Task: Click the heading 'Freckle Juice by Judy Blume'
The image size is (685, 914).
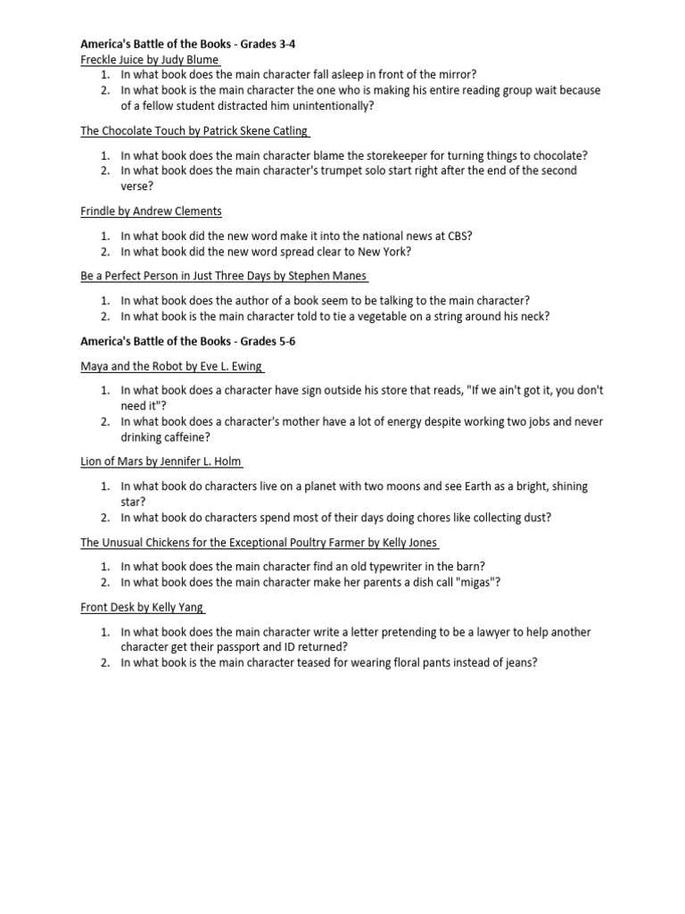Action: point(149,59)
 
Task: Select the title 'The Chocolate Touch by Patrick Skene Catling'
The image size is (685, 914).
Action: point(194,130)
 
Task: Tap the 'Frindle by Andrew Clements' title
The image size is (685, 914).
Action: point(151,212)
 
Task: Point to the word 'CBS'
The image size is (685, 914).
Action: point(458,236)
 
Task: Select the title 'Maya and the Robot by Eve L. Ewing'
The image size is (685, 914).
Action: point(170,366)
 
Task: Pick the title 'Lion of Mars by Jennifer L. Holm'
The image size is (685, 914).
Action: point(160,461)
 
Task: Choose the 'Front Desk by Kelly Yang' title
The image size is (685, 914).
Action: point(141,607)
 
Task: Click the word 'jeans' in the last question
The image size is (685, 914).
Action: point(517,663)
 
